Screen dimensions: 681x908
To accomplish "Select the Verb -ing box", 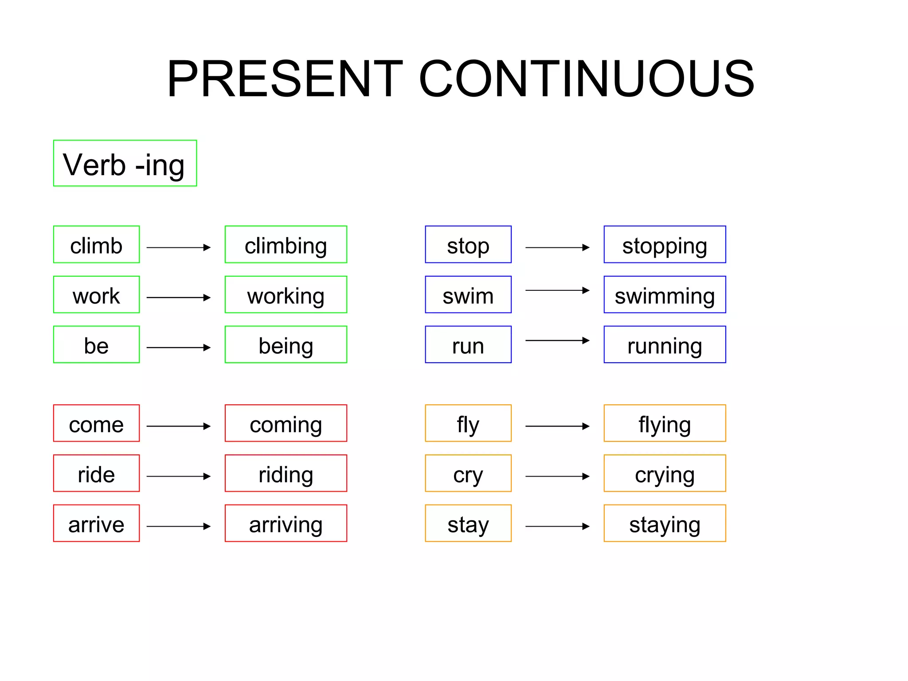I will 125,163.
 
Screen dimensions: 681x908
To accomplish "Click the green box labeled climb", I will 96,244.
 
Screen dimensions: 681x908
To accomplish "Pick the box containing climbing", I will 286,244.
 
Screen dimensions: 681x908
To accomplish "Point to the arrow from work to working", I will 178,297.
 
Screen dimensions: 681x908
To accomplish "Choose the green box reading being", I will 286,344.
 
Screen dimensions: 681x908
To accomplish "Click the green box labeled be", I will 96,344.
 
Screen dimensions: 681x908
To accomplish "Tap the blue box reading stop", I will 468,244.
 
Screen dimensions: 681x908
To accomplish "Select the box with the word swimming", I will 664,294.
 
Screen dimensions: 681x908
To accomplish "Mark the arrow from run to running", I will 557,340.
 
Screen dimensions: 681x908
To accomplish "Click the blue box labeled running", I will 664,344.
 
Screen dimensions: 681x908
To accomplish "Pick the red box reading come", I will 96,423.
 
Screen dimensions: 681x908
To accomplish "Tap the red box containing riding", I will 286,473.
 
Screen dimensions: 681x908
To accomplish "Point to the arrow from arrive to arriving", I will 178,526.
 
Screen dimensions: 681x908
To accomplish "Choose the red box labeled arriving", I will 286,523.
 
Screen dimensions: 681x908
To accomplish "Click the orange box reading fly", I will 468,423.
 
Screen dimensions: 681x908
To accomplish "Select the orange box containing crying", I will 664,473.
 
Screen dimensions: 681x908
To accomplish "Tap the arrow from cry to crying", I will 557,476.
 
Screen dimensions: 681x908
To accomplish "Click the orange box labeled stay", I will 468,523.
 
